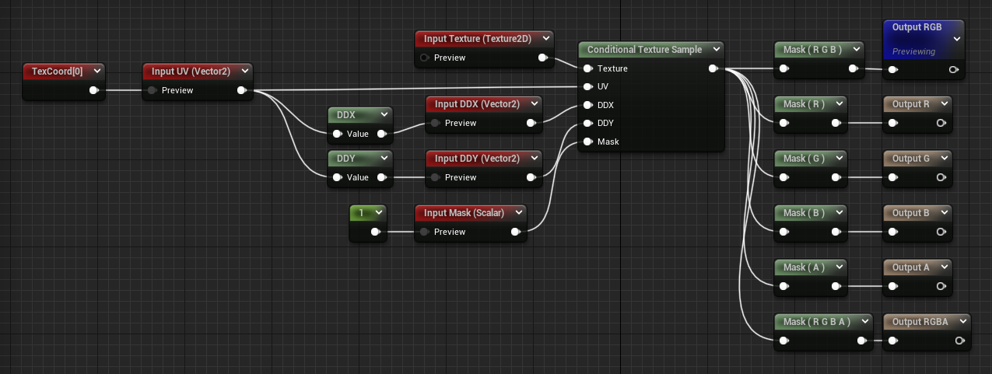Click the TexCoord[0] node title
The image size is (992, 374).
(x=58, y=72)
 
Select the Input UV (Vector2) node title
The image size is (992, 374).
(x=191, y=72)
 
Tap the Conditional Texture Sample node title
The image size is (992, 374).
(x=644, y=50)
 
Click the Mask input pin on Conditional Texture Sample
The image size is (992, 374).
(x=588, y=142)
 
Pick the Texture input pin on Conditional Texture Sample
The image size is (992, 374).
(x=588, y=68)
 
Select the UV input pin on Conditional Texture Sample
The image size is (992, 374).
(x=588, y=86)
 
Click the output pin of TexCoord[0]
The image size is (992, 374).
(x=93, y=90)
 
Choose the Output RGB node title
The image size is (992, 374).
(x=917, y=27)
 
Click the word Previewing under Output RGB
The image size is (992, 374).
(x=913, y=51)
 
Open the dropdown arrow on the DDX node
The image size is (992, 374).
(x=384, y=115)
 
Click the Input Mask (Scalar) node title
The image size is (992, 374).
(x=464, y=213)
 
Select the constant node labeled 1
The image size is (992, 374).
(x=362, y=213)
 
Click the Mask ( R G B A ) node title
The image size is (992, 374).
(x=816, y=322)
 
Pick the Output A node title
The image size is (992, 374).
(x=911, y=267)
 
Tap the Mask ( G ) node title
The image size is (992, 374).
(x=804, y=159)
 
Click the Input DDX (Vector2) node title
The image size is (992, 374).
(x=477, y=104)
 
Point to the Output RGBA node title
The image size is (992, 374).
(x=920, y=322)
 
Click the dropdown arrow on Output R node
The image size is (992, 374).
(x=945, y=104)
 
